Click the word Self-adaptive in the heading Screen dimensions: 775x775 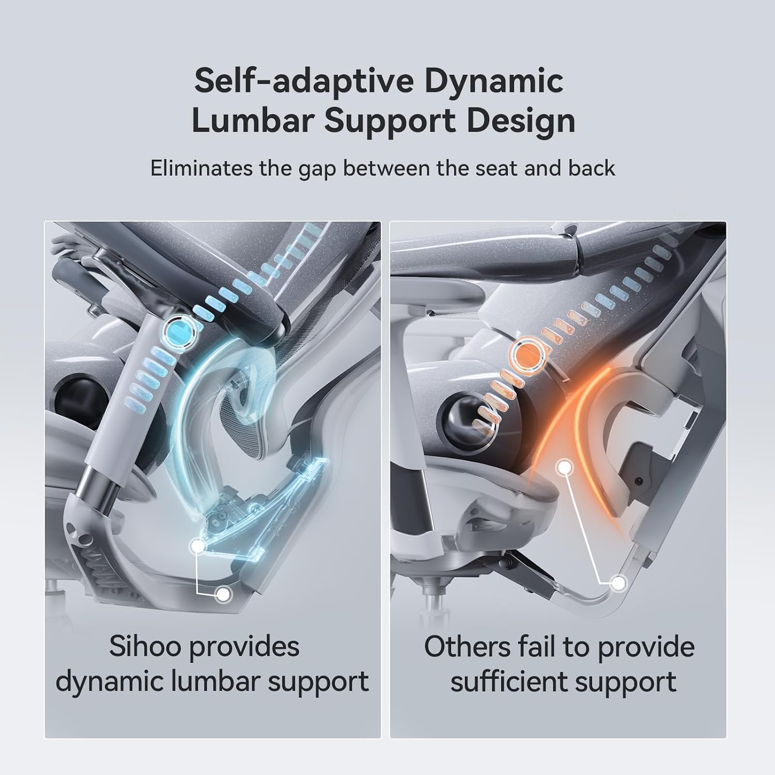304,82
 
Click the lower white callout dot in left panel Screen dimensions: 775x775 223,595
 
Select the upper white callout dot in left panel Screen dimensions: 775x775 197,546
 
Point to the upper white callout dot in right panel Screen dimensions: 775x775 566,467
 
